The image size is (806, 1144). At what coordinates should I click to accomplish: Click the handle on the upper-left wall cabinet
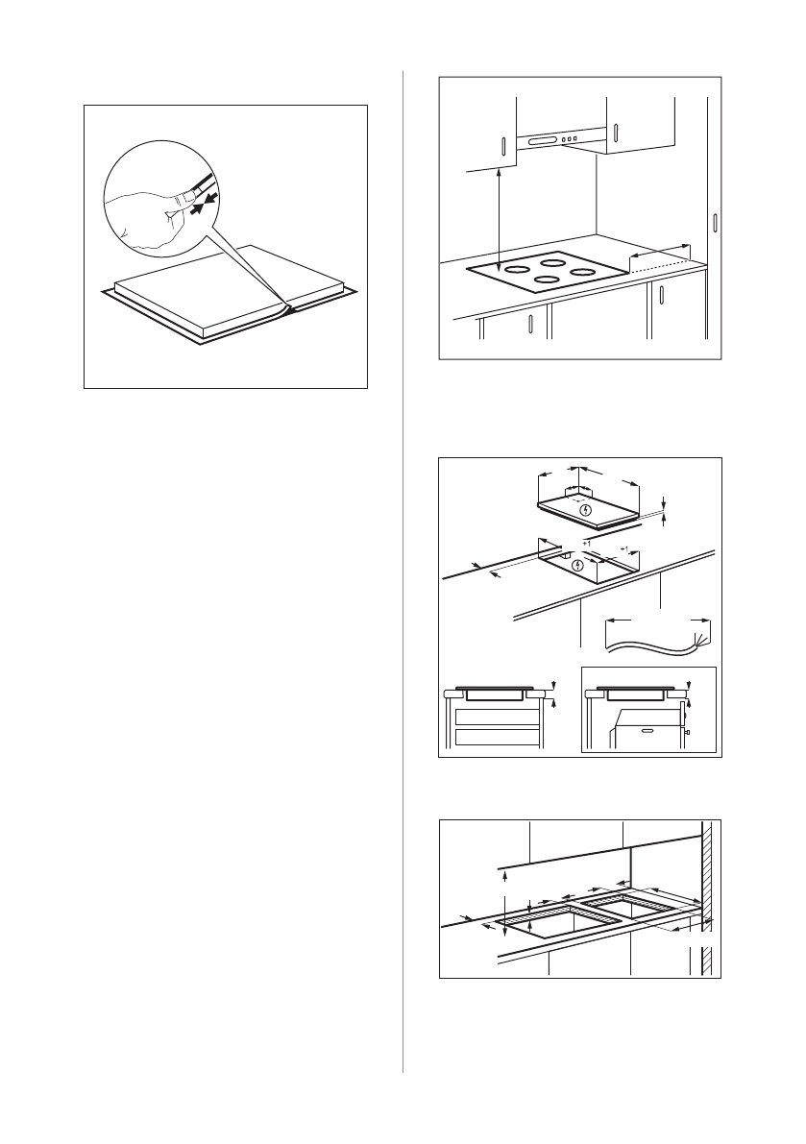tap(503, 145)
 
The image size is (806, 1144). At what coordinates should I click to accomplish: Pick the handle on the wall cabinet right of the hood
tap(617, 135)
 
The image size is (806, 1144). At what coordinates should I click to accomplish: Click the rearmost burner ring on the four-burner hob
tap(556, 261)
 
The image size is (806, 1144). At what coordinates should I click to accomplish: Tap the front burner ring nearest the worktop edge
tap(547, 280)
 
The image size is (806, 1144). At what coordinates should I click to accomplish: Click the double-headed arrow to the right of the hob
tap(659, 251)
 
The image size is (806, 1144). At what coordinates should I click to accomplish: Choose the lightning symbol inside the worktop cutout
tap(577, 565)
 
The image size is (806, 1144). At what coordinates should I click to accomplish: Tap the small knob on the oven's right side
tap(687, 732)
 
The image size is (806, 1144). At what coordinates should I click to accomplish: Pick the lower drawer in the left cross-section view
tap(496, 737)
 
